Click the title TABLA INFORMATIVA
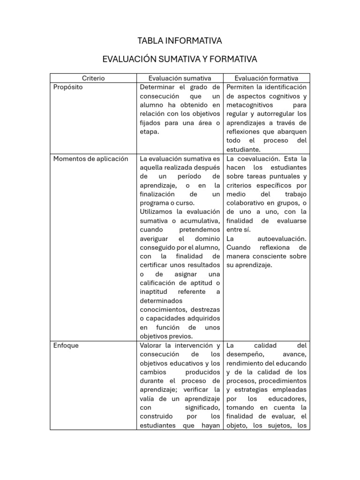click(180, 41)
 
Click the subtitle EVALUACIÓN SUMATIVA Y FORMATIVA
click(180, 60)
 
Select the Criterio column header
click(93, 78)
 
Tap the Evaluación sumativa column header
click(180, 78)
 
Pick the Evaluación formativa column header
click(266, 78)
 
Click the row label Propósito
click(68, 87)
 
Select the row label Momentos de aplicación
click(90, 158)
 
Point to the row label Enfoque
click(66, 345)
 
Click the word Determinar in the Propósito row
click(157, 87)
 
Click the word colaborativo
click(248, 203)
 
